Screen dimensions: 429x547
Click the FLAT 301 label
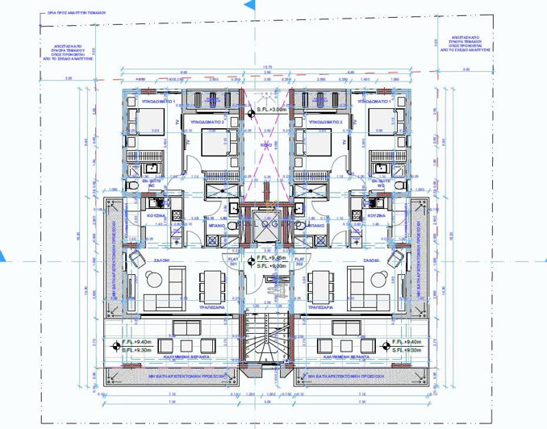coord(232,262)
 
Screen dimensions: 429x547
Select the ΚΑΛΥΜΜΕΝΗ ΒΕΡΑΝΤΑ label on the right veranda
coord(346,355)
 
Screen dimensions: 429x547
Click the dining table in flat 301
coord(211,283)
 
